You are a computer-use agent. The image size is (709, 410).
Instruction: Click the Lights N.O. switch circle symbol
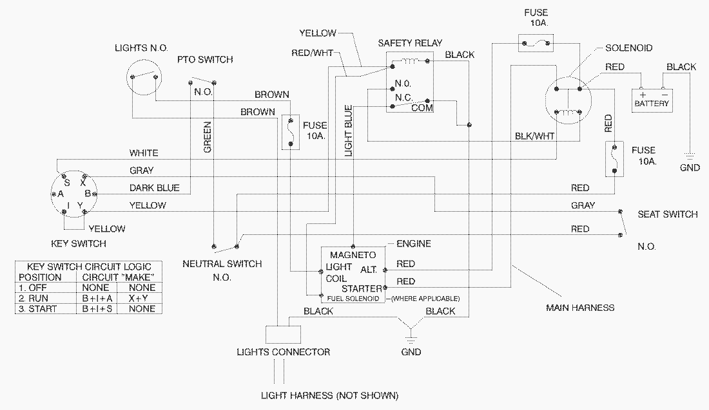pos(144,76)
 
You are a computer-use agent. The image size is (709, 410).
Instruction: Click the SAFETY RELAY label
pos(410,43)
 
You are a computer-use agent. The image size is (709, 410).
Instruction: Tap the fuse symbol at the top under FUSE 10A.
pos(536,44)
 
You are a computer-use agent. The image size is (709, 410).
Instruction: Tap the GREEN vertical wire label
pos(208,136)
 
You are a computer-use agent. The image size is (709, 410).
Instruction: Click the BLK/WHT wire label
pos(535,136)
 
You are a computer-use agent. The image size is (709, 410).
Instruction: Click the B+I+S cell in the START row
pos(97,309)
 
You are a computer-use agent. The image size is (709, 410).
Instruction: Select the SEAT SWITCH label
pos(667,214)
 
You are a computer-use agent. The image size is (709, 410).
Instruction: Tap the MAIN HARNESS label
pos(580,308)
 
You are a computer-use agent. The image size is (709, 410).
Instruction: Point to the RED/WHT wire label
pos(312,53)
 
